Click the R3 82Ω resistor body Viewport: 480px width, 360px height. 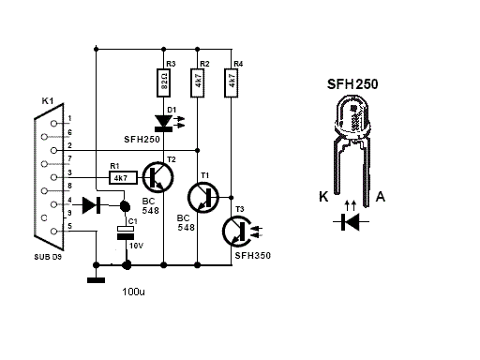click(x=163, y=82)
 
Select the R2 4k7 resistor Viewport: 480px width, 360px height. click(x=197, y=82)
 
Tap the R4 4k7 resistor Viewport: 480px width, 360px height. click(x=231, y=82)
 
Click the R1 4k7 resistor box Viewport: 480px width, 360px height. click(x=123, y=177)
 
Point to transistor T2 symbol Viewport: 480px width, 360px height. click(x=157, y=177)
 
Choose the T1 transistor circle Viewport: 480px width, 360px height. click(x=203, y=198)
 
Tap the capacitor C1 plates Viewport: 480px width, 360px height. click(x=126, y=232)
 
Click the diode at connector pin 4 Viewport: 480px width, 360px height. click(x=91, y=204)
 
